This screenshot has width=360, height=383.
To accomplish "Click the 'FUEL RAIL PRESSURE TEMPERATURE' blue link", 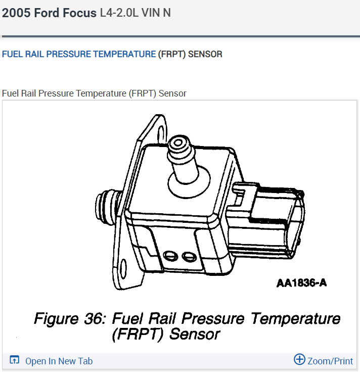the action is pyautogui.click(x=79, y=54).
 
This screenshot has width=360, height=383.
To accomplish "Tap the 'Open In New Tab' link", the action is pyautogui.click(x=59, y=361).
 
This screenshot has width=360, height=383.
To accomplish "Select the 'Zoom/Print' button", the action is pyautogui.click(x=330, y=361).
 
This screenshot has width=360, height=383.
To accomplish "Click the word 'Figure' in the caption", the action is pyautogui.click(x=55, y=319).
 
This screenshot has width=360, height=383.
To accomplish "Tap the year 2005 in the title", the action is pyautogui.click(x=15, y=13).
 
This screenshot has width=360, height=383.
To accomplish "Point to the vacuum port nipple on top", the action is pyautogui.click(x=179, y=147).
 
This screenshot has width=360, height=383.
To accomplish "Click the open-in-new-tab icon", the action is pyautogui.click(x=15, y=360).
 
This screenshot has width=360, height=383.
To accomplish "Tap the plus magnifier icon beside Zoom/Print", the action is pyautogui.click(x=299, y=360).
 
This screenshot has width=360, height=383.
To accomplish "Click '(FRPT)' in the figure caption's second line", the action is pyautogui.click(x=139, y=334).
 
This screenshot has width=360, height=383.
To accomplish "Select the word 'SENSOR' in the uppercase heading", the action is pyautogui.click(x=205, y=54).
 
